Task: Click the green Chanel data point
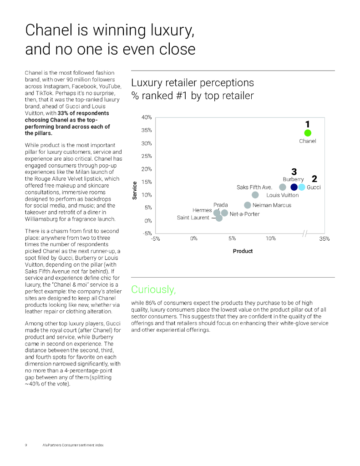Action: coord(307,133)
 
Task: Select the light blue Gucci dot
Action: coord(301,187)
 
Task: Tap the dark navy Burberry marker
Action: coord(294,187)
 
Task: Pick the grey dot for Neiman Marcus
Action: coord(248,205)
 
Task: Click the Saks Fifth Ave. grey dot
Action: coord(282,187)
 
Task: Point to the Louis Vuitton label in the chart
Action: coord(282,195)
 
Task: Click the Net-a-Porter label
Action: coord(244,214)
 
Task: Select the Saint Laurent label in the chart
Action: coord(193,218)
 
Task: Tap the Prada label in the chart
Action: coord(220,205)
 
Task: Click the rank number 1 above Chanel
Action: coord(307,124)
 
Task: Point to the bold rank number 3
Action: coord(294,172)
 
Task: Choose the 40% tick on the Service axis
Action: coord(147,117)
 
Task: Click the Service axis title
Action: coord(134,191)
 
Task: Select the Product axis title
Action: coord(243,251)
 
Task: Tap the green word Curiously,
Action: coord(153,289)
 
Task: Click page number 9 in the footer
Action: coord(26,445)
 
